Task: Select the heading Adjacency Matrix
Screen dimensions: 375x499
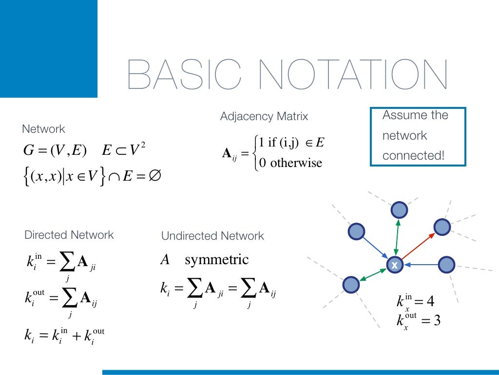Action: coord(264,117)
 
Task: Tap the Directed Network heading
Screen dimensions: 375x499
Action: coord(69,235)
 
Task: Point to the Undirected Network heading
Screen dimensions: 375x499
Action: coord(212,236)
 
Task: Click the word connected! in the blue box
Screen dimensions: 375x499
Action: coord(413,156)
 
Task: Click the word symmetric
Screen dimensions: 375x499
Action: coord(216,260)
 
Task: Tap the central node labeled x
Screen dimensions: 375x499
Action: coord(394,265)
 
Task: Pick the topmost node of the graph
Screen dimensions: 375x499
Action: coord(399,210)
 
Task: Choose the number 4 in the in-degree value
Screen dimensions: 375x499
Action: coord(430,301)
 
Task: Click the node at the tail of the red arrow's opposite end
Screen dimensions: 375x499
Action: coord(442,227)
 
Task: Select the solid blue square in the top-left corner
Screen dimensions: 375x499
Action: coord(49,49)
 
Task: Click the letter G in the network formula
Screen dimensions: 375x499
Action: coord(28,151)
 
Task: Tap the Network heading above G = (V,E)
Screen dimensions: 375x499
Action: coord(43,129)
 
